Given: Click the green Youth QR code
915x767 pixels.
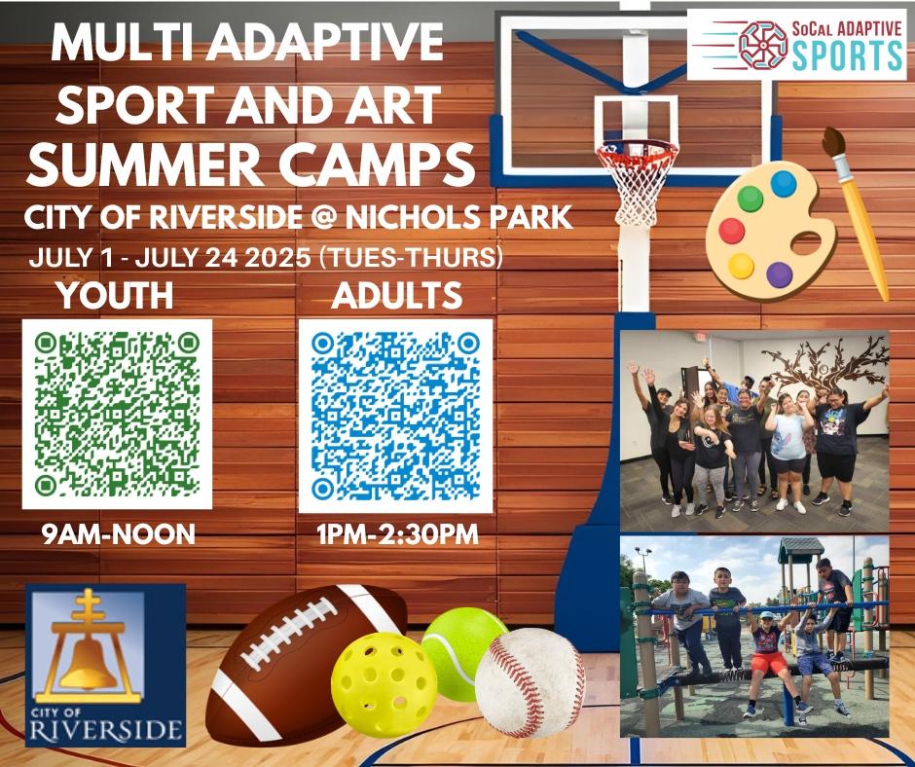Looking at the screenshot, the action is pyautogui.click(x=117, y=415).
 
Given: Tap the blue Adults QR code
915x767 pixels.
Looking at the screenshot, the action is pyautogui.click(x=395, y=416).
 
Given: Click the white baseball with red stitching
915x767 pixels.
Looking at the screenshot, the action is pyautogui.click(x=530, y=682).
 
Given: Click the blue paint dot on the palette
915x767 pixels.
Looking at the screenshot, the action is pyautogui.click(x=784, y=184).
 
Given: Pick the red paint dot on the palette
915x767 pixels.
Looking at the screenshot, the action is pyautogui.click(x=732, y=231).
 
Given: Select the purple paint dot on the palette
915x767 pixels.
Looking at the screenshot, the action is pyautogui.click(x=780, y=274).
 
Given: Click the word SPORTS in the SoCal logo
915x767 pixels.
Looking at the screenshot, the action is pyautogui.click(x=847, y=55).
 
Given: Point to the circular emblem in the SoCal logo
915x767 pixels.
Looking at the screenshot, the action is pyautogui.click(x=763, y=46).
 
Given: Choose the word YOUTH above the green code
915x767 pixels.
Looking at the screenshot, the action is pyautogui.click(x=116, y=295).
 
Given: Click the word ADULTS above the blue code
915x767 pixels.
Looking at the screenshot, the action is pyautogui.click(x=397, y=295).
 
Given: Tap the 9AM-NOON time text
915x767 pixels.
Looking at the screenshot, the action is pyautogui.click(x=119, y=534).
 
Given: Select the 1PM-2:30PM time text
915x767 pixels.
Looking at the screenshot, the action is pyautogui.click(x=398, y=534).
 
